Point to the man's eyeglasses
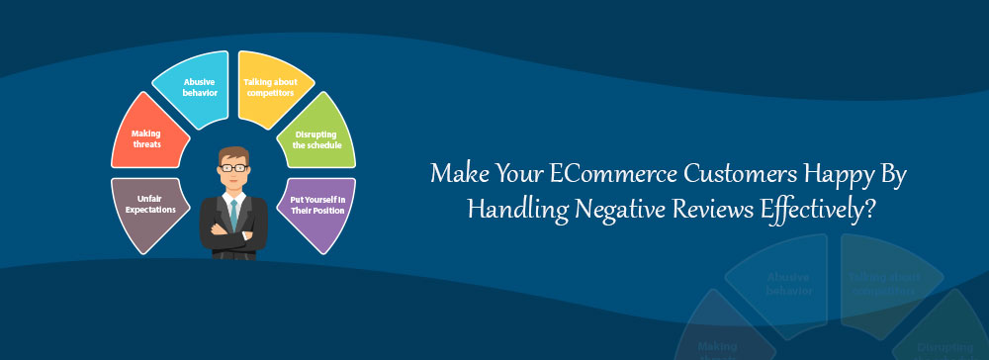pyautogui.click(x=233, y=168)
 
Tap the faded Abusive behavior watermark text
pyautogui.click(x=789, y=284)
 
